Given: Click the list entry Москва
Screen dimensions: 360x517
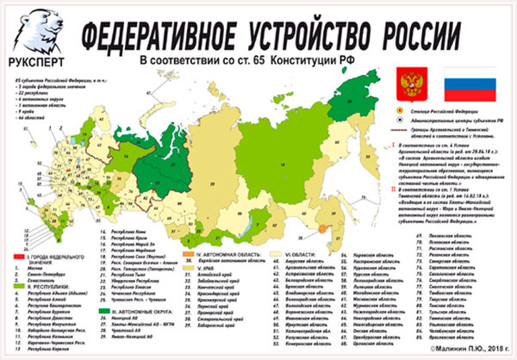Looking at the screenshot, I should tap(34, 269).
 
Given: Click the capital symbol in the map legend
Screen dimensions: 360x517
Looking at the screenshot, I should tap(399, 113).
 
